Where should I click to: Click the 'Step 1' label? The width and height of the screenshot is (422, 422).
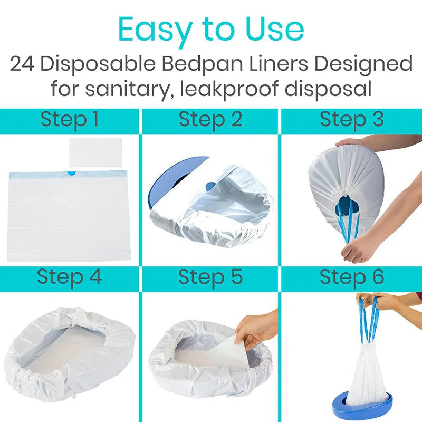pyautogui.click(x=70, y=120)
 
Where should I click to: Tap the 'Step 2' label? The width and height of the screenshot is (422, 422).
pyautogui.click(x=210, y=120)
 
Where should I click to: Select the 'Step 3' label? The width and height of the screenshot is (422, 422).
pyautogui.click(x=351, y=120)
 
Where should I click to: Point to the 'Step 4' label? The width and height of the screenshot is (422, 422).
pyautogui.click(x=69, y=277)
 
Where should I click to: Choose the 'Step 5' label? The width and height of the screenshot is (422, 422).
pyautogui.click(x=210, y=277)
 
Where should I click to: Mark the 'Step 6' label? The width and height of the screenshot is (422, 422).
pyautogui.click(x=351, y=277)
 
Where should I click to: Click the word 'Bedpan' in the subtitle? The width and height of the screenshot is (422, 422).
pyautogui.click(x=196, y=64)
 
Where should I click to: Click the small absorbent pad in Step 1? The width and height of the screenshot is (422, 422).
pyautogui.click(x=95, y=152)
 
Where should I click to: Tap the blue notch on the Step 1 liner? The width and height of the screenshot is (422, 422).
pyautogui.click(x=71, y=174)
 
